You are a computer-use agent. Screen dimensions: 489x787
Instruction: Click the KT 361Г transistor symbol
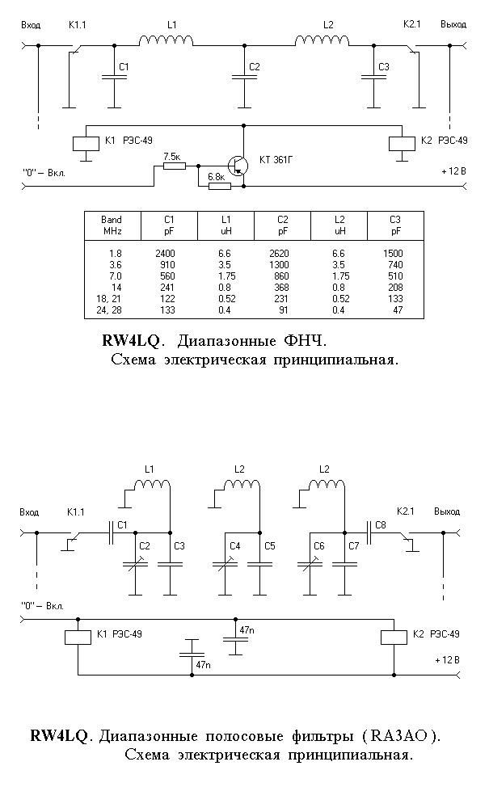pyautogui.click(x=238, y=165)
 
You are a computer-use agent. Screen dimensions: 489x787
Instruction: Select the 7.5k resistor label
pyautogui.click(x=172, y=157)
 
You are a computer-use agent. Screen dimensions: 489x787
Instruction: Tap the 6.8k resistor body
pyautogui.click(x=219, y=186)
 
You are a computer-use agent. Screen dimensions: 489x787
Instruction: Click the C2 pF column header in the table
pyautogui.click(x=283, y=225)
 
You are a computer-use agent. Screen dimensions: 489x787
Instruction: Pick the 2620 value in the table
pyautogui.click(x=279, y=254)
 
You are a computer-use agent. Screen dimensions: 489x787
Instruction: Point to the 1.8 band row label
pyautogui.click(x=115, y=254)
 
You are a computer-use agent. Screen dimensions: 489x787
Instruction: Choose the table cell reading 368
pyautogui.click(x=281, y=288)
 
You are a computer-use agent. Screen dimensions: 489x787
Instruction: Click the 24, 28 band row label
pyautogui.click(x=109, y=310)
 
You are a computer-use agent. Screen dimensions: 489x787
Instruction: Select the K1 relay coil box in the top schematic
pyautogui.click(x=86, y=143)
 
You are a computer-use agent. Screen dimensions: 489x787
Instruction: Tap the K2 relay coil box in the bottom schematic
pyautogui.click(x=394, y=637)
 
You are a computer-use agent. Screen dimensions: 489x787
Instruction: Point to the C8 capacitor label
pyautogui.click(x=381, y=525)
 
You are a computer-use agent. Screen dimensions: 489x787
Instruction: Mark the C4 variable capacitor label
pyautogui.click(x=235, y=546)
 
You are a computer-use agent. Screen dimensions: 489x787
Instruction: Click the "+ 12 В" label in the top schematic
pyautogui.click(x=454, y=171)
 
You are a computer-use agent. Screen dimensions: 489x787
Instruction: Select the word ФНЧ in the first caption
pyautogui.click(x=306, y=341)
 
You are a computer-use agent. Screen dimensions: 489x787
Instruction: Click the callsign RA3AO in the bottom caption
pyautogui.click(x=399, y=736)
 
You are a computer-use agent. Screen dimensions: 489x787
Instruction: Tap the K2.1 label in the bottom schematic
pyautogui.click(x=405, y=511)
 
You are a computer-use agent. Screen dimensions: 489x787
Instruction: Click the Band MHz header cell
pyautogui.click(x=112, y=225)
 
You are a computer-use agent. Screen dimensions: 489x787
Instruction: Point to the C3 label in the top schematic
pyautogui.click(x=384, y=67)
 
